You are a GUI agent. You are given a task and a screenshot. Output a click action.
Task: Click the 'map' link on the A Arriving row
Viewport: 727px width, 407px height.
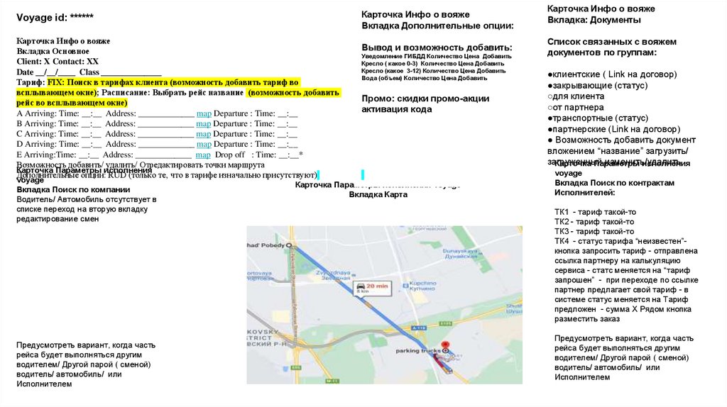(x=204, y=113)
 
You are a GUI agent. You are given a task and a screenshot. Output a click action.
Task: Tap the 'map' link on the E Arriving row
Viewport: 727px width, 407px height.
(x=202, y=155)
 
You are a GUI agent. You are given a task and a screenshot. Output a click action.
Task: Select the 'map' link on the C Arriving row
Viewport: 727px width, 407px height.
(x=204, y=134)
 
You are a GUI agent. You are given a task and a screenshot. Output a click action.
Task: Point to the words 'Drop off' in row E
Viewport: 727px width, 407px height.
(x=230, y=155)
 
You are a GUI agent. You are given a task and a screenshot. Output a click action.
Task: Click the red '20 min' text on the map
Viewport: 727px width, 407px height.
(x=377, y=285)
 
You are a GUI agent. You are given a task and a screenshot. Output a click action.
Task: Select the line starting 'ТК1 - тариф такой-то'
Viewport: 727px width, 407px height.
(x=594, y=212)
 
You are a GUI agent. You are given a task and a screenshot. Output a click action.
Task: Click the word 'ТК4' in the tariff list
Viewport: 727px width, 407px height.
(x=563, y=241)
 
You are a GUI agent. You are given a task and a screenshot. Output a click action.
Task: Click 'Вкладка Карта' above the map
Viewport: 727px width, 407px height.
(x=378, y=194)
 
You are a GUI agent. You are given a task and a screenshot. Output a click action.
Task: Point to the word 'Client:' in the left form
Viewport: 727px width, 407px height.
(x=30, y=62)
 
